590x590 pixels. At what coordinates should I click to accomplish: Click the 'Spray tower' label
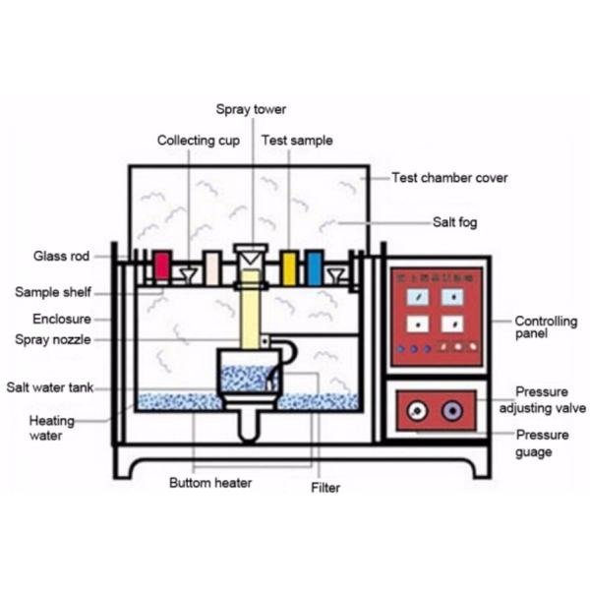coord(252,109)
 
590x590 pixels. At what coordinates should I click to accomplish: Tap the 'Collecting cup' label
coord(199,141)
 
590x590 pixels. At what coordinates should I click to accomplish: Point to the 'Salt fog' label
coord(454,222)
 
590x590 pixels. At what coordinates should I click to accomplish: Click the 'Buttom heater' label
coord(209,483)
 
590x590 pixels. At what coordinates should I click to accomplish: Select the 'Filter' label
coord(325,487)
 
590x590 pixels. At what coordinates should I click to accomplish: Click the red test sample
coord(162,266)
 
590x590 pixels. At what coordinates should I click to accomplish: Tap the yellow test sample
coord(289,267)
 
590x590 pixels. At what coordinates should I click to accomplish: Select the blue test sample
coord(315,267)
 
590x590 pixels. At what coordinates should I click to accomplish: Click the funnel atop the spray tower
coord(251,258)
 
